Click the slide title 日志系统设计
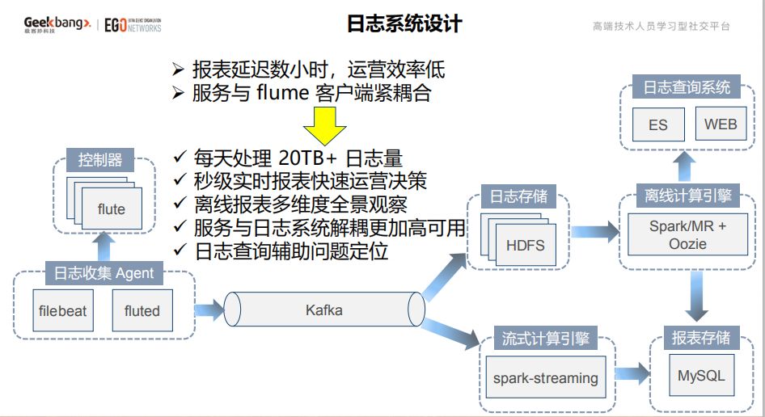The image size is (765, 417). [404, 24]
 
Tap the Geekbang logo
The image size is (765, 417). [56, 24]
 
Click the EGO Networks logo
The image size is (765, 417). [133, 24]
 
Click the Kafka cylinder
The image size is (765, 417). [324, 310]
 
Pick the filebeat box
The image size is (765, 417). [62, 311]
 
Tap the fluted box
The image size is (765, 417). [142, 311]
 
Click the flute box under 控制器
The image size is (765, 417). [112, 209]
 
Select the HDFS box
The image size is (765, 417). [526, 246]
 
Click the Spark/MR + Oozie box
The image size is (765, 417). [687, 235]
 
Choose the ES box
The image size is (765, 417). [658, 124]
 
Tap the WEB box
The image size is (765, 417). [721, 124]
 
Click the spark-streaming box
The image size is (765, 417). [546, 377]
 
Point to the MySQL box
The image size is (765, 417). [701, 376]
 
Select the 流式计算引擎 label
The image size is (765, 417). [547, 339]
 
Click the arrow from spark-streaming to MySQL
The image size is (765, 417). [632, 374]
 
